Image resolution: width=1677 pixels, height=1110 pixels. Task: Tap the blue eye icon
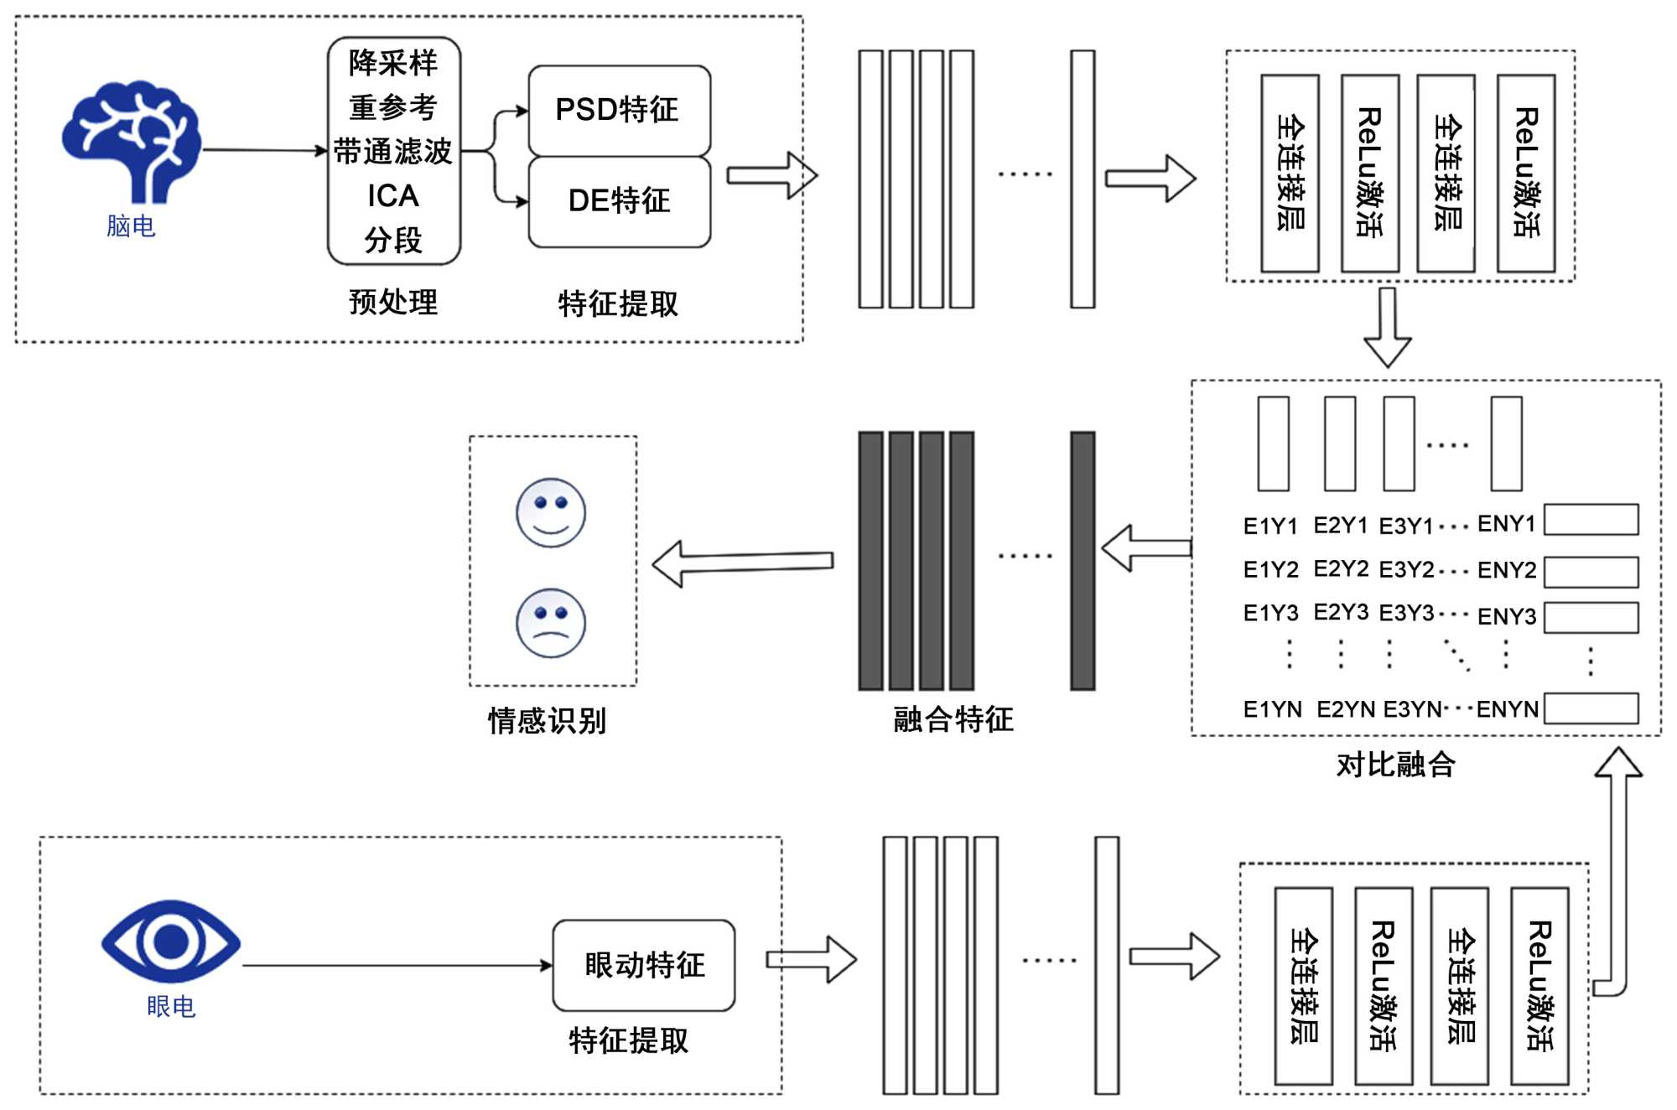coord(171,941)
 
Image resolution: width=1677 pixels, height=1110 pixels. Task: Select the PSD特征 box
coord(619,110)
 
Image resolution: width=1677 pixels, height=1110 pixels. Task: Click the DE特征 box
coord(619,201)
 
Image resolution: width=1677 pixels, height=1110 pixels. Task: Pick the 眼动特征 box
coord(644,965)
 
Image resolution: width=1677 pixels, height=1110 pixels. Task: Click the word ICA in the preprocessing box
coord(392,196)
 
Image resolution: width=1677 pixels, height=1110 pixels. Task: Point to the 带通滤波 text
coord(392,152)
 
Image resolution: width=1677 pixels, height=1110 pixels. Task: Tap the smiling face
coord(551,512)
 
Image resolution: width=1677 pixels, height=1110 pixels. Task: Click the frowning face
coord(551,623)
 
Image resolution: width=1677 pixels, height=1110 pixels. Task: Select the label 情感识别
coord(547,720)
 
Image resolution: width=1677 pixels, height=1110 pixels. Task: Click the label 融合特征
coord(953,718)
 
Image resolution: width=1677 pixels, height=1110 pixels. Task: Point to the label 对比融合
coord(1395,764)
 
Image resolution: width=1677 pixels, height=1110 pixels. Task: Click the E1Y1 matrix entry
coord(1270,526)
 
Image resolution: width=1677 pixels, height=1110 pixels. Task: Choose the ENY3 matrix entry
coord(1507,616)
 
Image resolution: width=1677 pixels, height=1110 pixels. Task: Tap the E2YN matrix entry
coord(1346,709)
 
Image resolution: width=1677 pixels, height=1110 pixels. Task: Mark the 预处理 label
coord(392,302)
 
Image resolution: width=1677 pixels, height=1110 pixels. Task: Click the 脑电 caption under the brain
coord(131,226)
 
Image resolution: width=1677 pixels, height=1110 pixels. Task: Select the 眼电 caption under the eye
coord(171,1006)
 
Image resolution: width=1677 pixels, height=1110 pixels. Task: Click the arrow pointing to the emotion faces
coord(742,563)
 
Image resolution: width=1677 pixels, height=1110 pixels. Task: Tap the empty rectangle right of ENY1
coord(1591,520)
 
